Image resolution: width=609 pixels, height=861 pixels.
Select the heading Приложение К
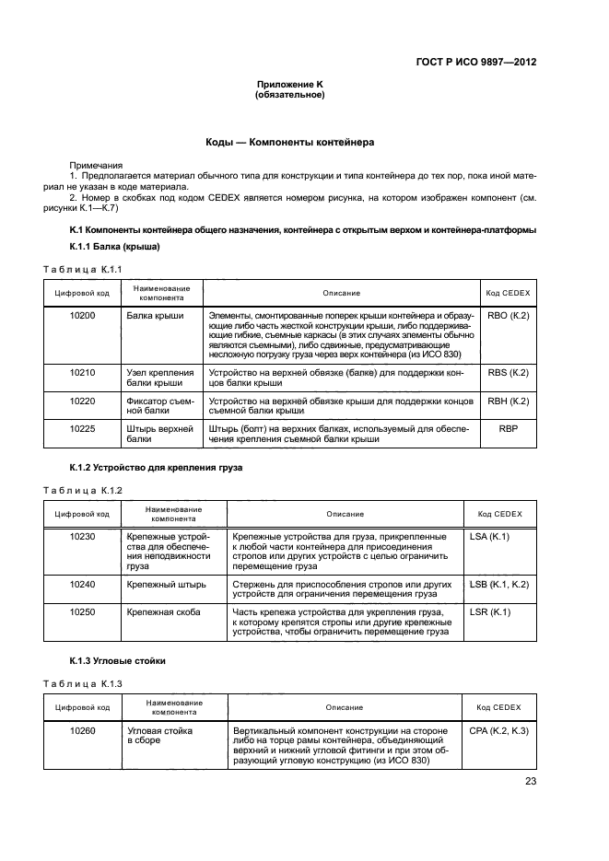point(290,85)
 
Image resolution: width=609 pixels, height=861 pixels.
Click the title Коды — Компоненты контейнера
point(290,143)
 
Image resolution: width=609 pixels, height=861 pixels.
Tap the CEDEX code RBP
point(508,428)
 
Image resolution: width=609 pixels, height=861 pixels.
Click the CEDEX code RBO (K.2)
point(508,316)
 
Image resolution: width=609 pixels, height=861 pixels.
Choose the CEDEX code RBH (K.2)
point(508,401)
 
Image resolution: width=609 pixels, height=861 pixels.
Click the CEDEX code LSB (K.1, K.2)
point(498,584)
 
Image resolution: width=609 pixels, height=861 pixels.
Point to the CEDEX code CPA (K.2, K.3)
point(498,730)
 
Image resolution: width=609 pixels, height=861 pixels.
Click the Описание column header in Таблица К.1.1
point(341,293)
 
